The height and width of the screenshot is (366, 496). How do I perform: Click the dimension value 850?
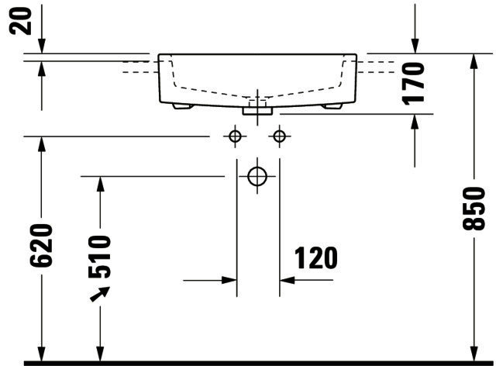pos(474,209)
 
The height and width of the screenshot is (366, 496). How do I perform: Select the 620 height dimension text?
pos(41,245)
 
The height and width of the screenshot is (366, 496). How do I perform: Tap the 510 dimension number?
pos(100,257)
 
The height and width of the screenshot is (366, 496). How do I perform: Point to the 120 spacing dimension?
pos(316,258)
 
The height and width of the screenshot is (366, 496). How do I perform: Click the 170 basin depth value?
pos(413,84)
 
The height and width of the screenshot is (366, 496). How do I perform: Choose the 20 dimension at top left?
pos(21,21)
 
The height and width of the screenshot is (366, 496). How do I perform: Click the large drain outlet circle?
pos(257,176)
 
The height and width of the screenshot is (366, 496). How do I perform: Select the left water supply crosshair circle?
pos(235,136)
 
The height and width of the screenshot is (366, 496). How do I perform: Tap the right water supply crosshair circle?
pos(279,136)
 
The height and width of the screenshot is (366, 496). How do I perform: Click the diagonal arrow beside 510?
pos(100,294)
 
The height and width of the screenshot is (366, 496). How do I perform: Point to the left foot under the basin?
pos(183,106)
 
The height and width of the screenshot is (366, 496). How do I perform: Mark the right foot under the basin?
pos(332,106)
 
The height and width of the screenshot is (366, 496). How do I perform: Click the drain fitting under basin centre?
pos(257,111)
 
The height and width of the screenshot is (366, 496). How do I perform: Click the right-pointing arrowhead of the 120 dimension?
pos(229,280)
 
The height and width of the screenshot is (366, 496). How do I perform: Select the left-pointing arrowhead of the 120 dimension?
pos(288,280)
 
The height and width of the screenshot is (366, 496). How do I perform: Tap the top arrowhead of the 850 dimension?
pos(474,61)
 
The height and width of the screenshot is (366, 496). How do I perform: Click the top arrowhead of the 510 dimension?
pos(100,184)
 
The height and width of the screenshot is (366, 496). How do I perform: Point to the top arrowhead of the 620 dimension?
pos(41,144)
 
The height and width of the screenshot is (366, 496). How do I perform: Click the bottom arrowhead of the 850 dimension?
pos(474,354)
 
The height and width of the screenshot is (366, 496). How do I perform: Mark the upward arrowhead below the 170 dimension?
pos(415,122)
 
